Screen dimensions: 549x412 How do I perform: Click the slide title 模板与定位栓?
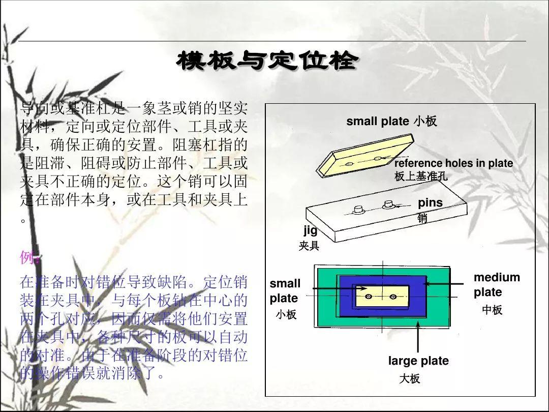[x=267, y=62]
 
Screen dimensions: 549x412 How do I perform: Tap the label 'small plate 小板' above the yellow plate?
[x=391, y=122]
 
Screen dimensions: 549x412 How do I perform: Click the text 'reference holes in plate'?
[x=453, y=164]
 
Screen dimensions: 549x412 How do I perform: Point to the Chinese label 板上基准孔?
[x=421, y=176]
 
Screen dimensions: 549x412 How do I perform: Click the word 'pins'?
[x=430, y=203]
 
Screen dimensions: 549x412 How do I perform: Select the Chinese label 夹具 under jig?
[x=309, y=246]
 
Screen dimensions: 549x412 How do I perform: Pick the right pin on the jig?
[x=389, y=204]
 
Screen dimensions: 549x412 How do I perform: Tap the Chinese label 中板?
[x=492, y=310]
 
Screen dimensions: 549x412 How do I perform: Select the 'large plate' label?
[x=418, y=361]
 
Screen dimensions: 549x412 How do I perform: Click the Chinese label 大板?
[x=409, y=379]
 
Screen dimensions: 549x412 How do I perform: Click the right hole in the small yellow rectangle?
[x=392, y=297]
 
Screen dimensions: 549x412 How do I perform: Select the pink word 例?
[x=29, y=258]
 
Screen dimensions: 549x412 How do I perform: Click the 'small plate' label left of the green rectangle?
[x=285, y=290]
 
